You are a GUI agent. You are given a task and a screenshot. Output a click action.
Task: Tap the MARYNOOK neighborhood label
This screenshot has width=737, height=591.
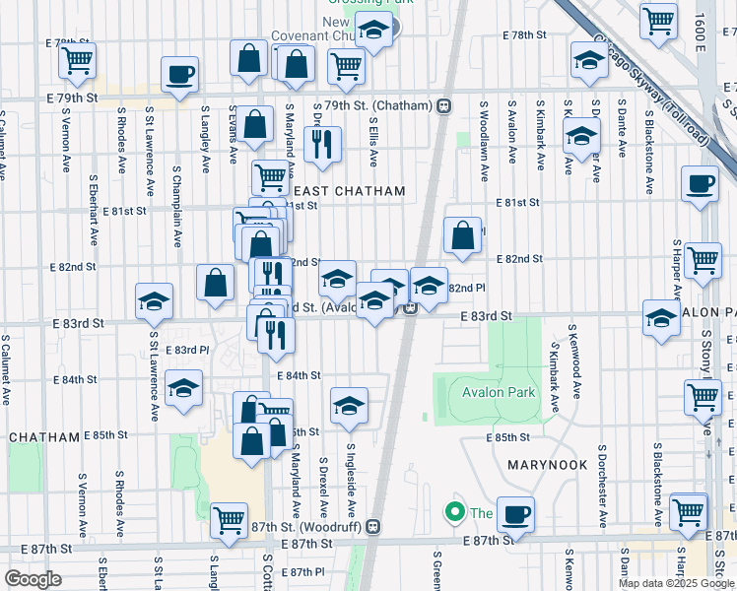pos(547,464)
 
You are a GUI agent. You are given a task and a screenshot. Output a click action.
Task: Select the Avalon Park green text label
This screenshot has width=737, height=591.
pos(498,392)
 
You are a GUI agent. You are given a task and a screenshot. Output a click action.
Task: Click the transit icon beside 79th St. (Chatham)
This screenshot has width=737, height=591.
pos(445,105)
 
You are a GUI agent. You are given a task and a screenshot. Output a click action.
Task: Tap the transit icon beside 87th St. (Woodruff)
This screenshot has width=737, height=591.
pos(372,527)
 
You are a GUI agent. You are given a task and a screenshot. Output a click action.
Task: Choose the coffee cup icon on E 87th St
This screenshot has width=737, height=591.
pos(514,512)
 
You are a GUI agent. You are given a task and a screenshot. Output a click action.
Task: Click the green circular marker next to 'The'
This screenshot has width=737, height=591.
pos(454,512)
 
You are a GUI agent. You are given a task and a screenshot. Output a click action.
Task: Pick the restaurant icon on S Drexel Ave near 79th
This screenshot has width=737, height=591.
pos(322,146)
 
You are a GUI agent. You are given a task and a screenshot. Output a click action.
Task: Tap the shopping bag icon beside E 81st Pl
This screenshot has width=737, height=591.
pos(462,234)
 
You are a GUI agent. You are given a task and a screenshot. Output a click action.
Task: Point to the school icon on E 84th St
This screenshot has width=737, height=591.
pos(183,389)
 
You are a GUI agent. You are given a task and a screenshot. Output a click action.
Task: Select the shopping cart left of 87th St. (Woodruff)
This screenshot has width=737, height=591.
pos(229,519)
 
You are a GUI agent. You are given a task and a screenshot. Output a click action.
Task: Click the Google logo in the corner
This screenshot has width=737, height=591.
pos(33,578)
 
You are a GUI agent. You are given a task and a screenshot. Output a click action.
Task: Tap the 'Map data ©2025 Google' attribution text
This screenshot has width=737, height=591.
pos(676,583)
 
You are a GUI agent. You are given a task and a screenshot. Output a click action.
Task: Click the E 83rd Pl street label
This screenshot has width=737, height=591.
pos(193,350)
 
